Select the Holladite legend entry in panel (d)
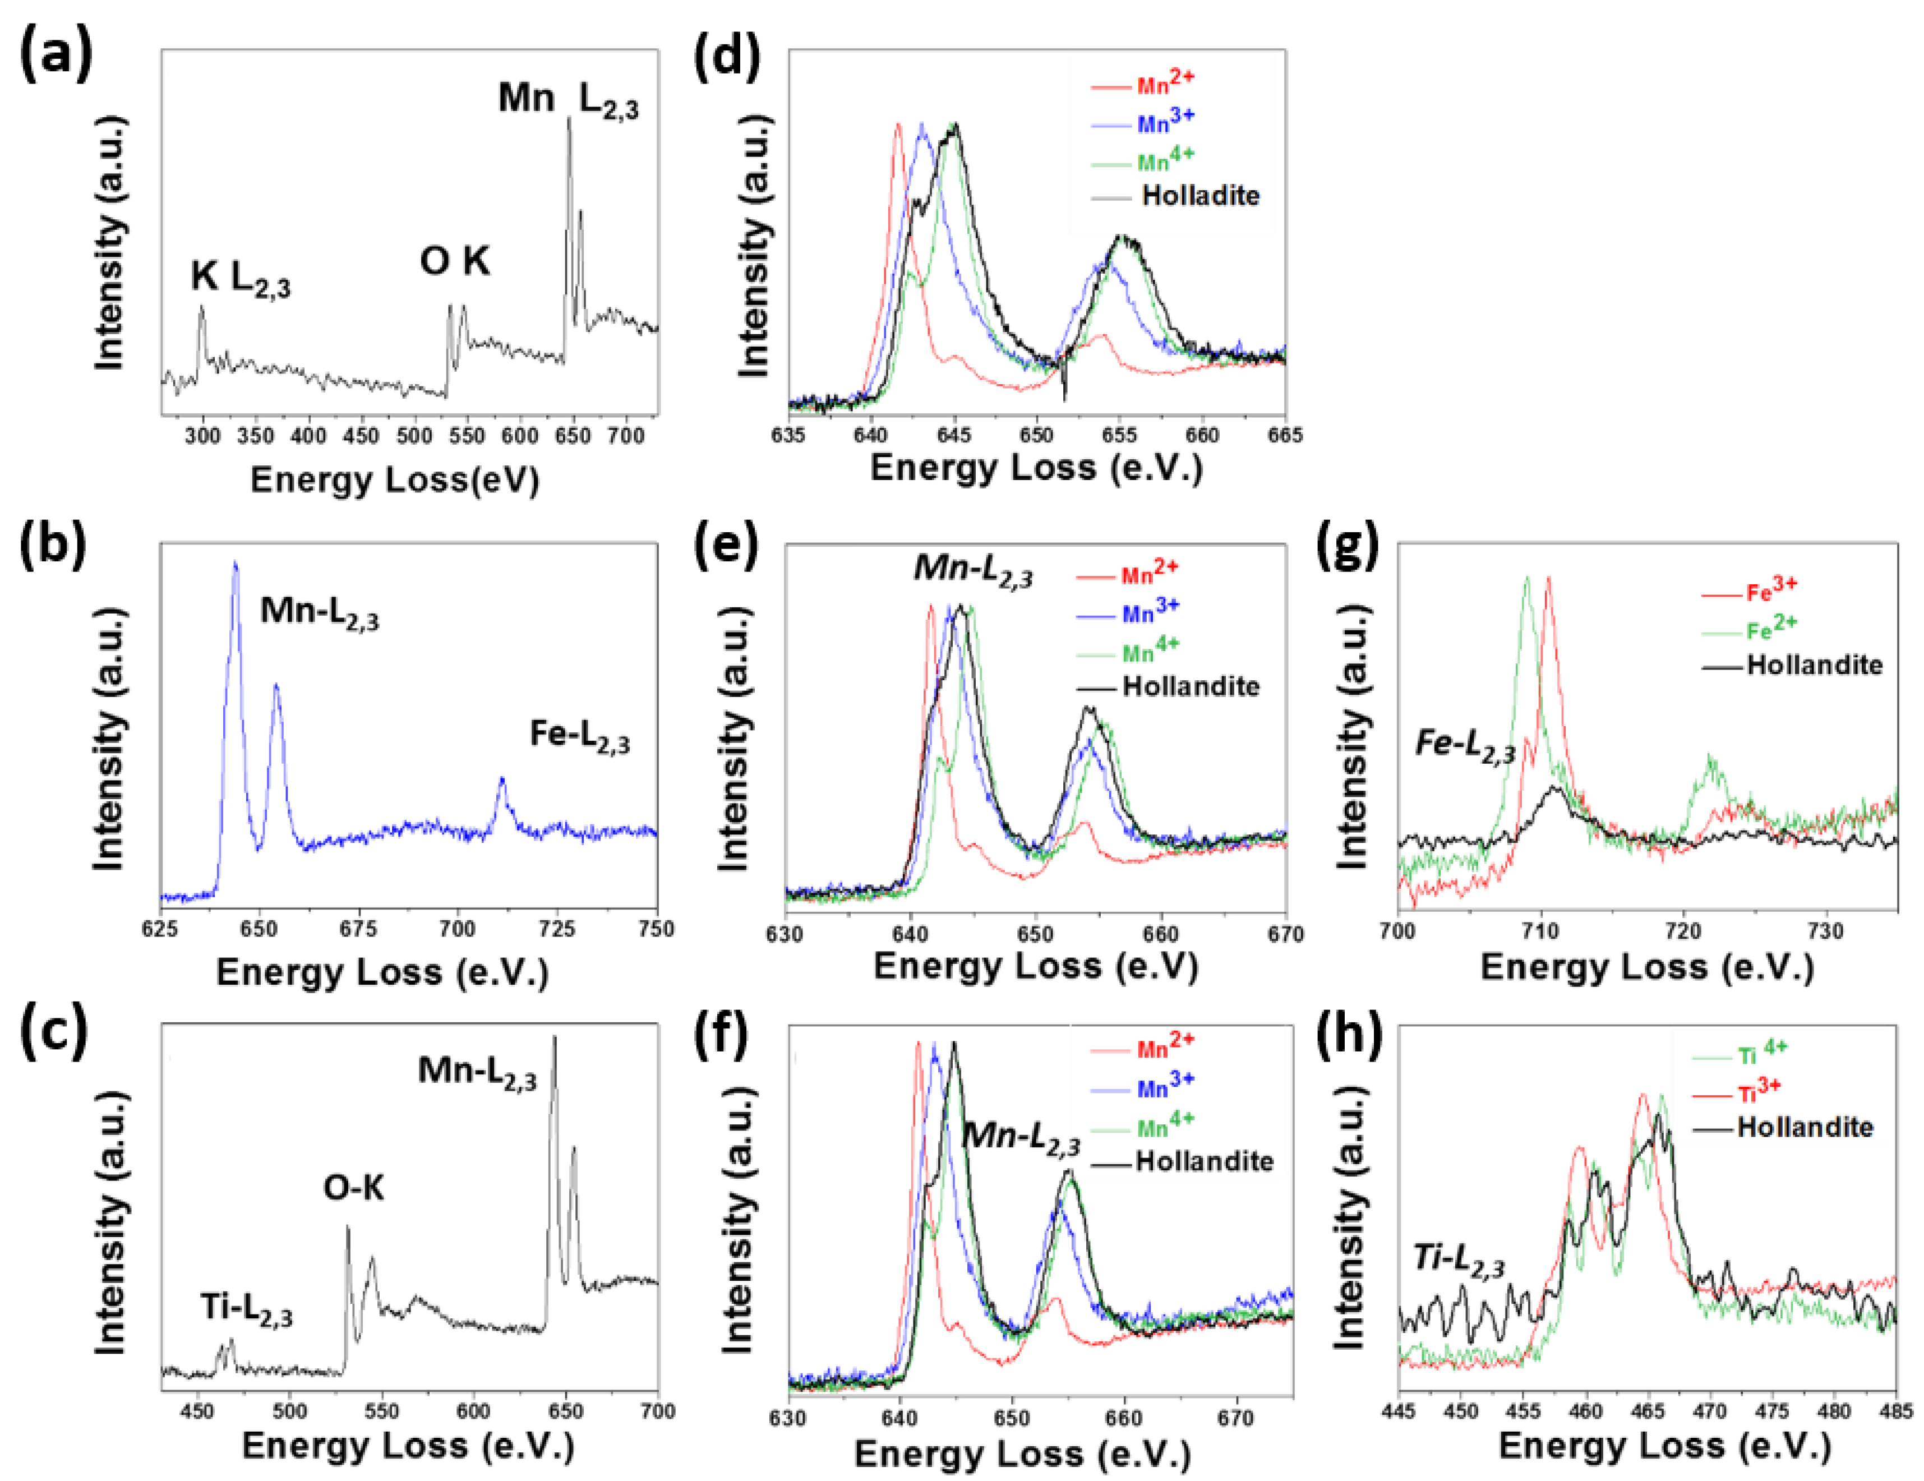[1200, 196]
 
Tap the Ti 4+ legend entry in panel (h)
[1762, 1053]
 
